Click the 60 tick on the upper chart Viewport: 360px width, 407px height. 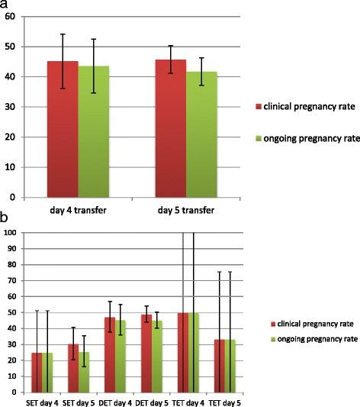[x=10, y=16]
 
